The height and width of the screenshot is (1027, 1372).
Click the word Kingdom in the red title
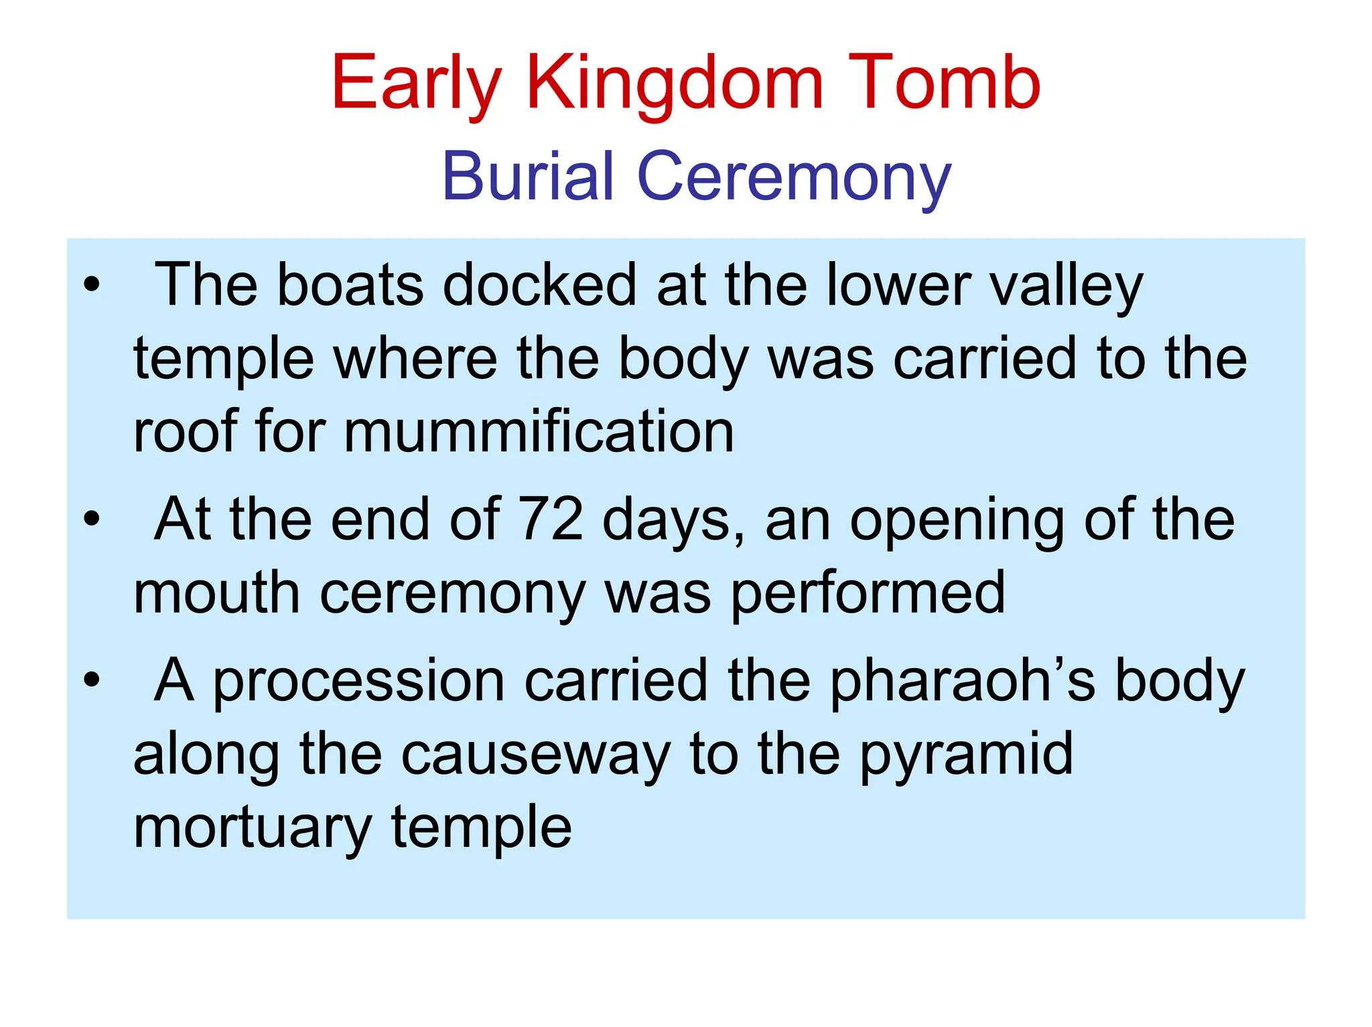click(674, 84)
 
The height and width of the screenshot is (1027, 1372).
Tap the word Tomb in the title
click(944, 84)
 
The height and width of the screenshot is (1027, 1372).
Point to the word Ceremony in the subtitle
click(794, 176)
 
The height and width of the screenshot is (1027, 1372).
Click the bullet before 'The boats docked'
click(92, 285)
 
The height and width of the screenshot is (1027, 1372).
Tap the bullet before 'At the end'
click(92, 519)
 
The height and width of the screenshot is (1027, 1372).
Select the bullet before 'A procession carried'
click(92, 680)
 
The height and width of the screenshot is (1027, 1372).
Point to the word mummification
click(539, 431)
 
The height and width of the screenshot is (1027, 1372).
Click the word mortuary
click(252, 829)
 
